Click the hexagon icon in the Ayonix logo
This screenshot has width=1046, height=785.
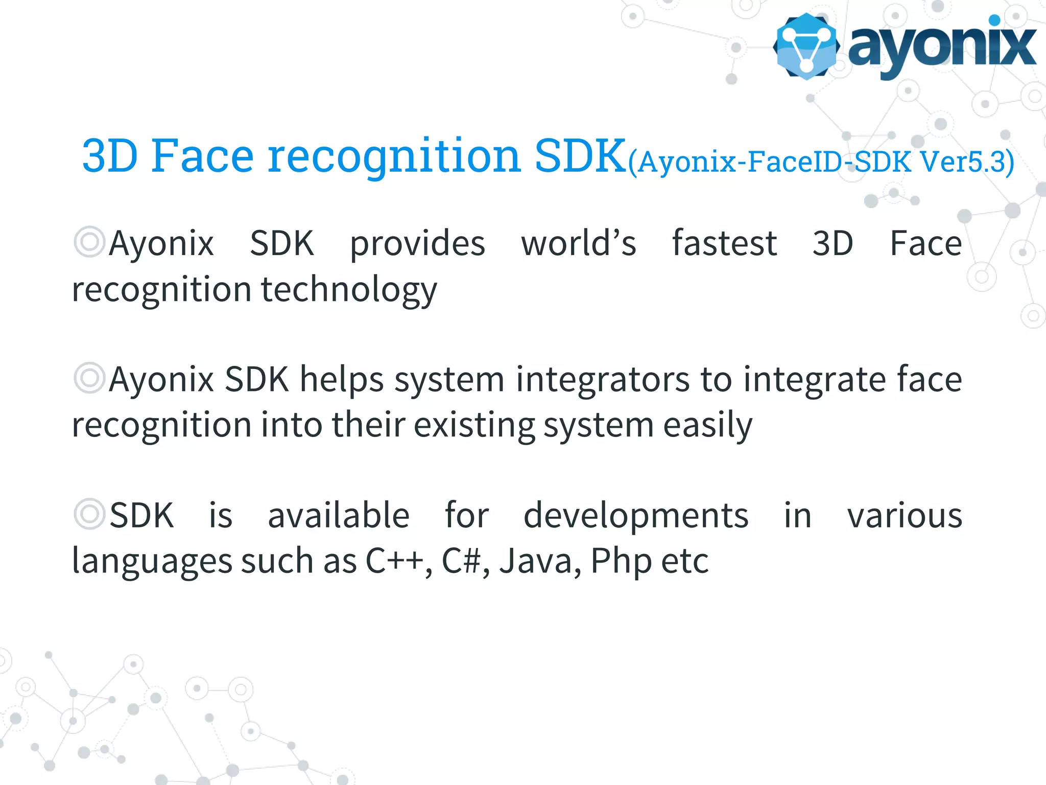click(806, 46)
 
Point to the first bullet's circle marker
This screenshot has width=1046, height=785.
click(89, 242)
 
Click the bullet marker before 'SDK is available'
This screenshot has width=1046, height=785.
click(89, 514)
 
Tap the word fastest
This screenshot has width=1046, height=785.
click(724, 243)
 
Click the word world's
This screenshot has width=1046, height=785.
click(579, 243)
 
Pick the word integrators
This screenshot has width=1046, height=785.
click(603, 380)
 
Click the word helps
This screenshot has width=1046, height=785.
click(342, 380)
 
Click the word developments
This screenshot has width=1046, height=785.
click(636, 516)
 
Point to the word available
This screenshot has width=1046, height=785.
click(339, 516)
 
